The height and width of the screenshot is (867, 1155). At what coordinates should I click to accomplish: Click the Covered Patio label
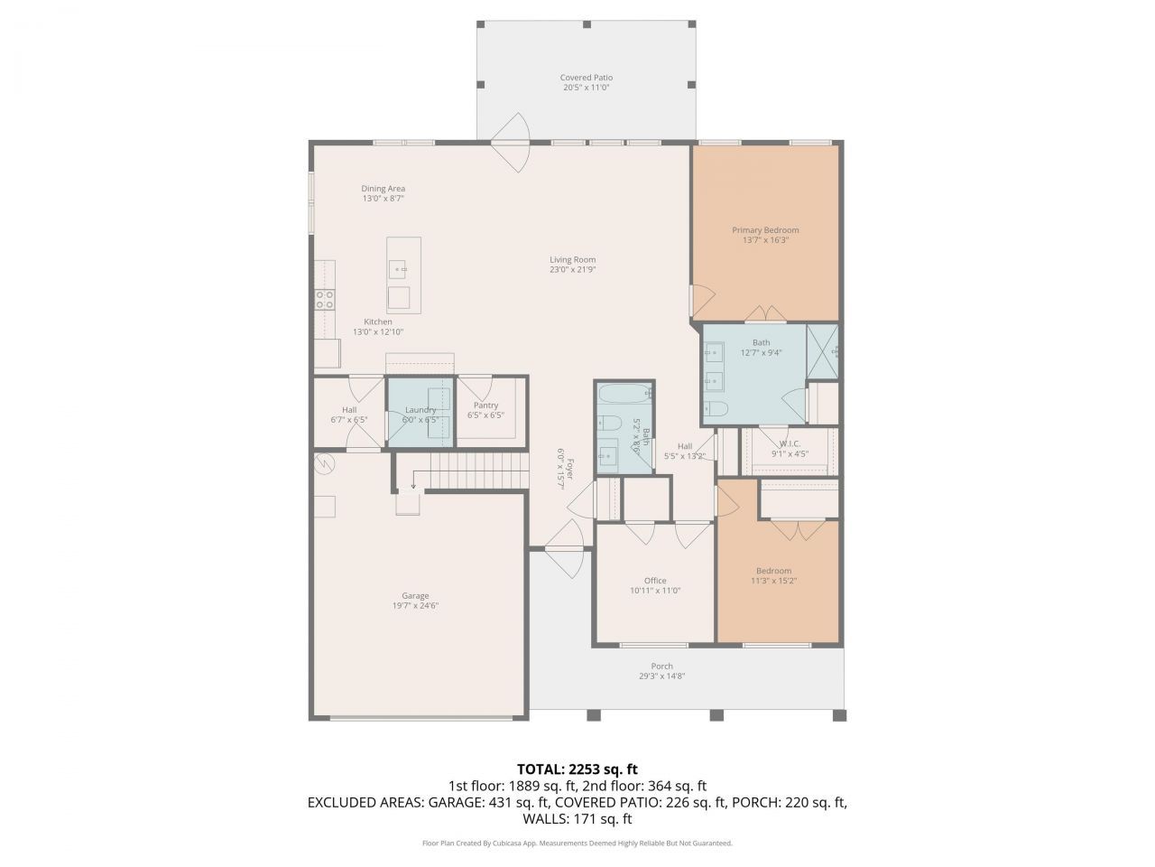pyautogui.click(x=586, y=78)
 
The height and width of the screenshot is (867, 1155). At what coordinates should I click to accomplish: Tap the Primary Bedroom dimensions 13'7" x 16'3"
pyautogui.click(x=765, y=240)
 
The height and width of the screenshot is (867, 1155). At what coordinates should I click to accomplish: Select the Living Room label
pyautogui.click(x=573, y=259)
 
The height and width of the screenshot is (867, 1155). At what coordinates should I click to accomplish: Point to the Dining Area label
pyautogui.click(x=383, y=189)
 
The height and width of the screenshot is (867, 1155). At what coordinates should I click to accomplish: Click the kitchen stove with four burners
pyautogui.click(x=324, y=300)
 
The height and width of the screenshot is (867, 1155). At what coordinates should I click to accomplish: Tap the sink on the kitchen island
pyautogui.click(x=398, y=268)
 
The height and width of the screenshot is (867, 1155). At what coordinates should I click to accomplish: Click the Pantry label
pyautogui.click(x=485, y=406)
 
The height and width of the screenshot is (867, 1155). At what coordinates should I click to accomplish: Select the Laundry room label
pyautogui.click(x=420, y=410)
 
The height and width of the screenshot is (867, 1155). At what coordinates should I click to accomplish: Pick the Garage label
pyautogui.click(x=415, y=595)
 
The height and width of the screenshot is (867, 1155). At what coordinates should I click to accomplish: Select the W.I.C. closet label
pyautogui.click(x=790, y=443)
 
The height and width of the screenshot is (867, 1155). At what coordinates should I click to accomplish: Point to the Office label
pyautogui.click(x=655, y=581)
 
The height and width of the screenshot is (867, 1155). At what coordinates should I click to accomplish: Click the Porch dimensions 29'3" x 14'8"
pyautogui.click(x=662, y=676)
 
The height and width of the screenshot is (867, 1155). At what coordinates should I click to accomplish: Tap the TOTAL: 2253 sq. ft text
pyautogui.click(x=577, y=769)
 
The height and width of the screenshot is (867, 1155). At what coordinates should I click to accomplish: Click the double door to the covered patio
pyautogui.click(x=512, y=142)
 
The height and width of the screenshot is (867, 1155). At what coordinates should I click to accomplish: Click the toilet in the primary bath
pyautogui.click(x=716, y=408)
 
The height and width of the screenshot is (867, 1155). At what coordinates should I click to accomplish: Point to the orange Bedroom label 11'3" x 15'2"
pyautogui.click(x=773, y=571)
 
